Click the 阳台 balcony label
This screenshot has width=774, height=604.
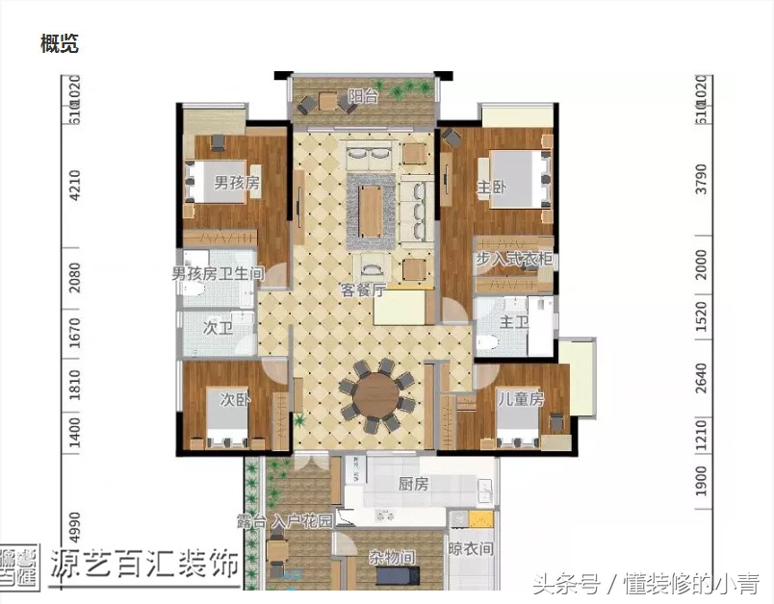pyautogui.click(x=364, y=96)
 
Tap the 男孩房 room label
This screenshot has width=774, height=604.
pyautogui.click(x=238, y=183)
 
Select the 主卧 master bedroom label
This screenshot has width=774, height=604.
pyautogui.click(x=491, y=189)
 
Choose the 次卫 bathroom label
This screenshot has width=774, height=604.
pyautogui.click(x=218, y=327)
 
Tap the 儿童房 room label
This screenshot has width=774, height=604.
pyautogui.click(x=521, y=397)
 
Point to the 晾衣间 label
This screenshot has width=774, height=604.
pyautogui.click(x=472, y=549)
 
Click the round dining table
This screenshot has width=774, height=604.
pyautogui.click(x=377, y=394)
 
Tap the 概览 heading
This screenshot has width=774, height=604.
pyautogui.click(x=60, y=43)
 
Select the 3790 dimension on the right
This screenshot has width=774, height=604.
pyautogui.click(x=701, y=180)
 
